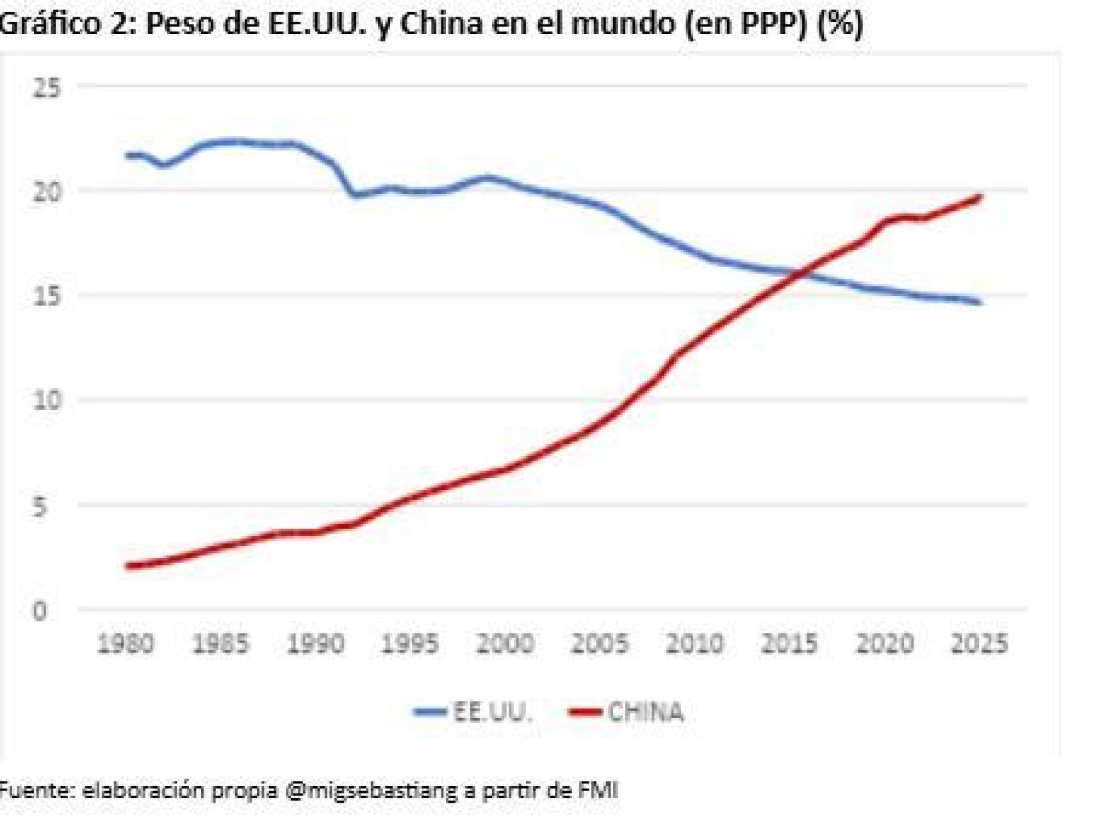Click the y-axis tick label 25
pyautogui.click(x=47, y=88)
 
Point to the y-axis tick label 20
pyautogui.click(x=47, y=192)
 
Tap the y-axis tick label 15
pyautogui.click(x=47, y=297)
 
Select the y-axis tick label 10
pyautogui.click(x=47, y=400)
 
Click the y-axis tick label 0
pyautogui.click(x=40, y=611)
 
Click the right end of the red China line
pyautogui.click(x=980, y=197)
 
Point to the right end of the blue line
pyautogui.click(x=980, y=302)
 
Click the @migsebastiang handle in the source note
pyautogui.click(x=372, y=790)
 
